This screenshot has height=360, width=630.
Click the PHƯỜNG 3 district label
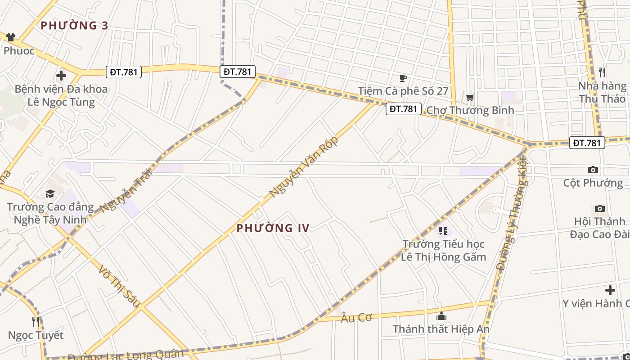[74, 25]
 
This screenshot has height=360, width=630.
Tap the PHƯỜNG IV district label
[273, 228]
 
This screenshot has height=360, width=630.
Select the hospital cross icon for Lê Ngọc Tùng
[61, 76]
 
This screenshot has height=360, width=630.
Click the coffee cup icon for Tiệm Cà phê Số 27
[403, 78]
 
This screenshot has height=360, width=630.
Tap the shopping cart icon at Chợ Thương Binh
[470, 97]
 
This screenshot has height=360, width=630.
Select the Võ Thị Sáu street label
[119, 286]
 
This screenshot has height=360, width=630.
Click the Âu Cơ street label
[356, 318]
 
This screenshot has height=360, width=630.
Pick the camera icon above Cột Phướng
[593, 170]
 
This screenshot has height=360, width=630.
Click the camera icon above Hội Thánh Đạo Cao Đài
[599, 208]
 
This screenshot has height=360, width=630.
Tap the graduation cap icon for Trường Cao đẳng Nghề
[50, 194]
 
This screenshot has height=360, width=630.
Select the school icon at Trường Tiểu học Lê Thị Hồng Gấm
[443, 231]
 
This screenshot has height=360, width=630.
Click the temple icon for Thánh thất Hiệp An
[441, 316]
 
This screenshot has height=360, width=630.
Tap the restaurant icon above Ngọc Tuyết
[36, 321]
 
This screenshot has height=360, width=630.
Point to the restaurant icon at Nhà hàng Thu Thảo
[602, 72]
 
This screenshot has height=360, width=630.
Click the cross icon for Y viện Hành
[610, 290]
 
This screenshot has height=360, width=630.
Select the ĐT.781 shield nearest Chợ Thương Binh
[403, 109]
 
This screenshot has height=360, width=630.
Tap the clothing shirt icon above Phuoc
[10, 37]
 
